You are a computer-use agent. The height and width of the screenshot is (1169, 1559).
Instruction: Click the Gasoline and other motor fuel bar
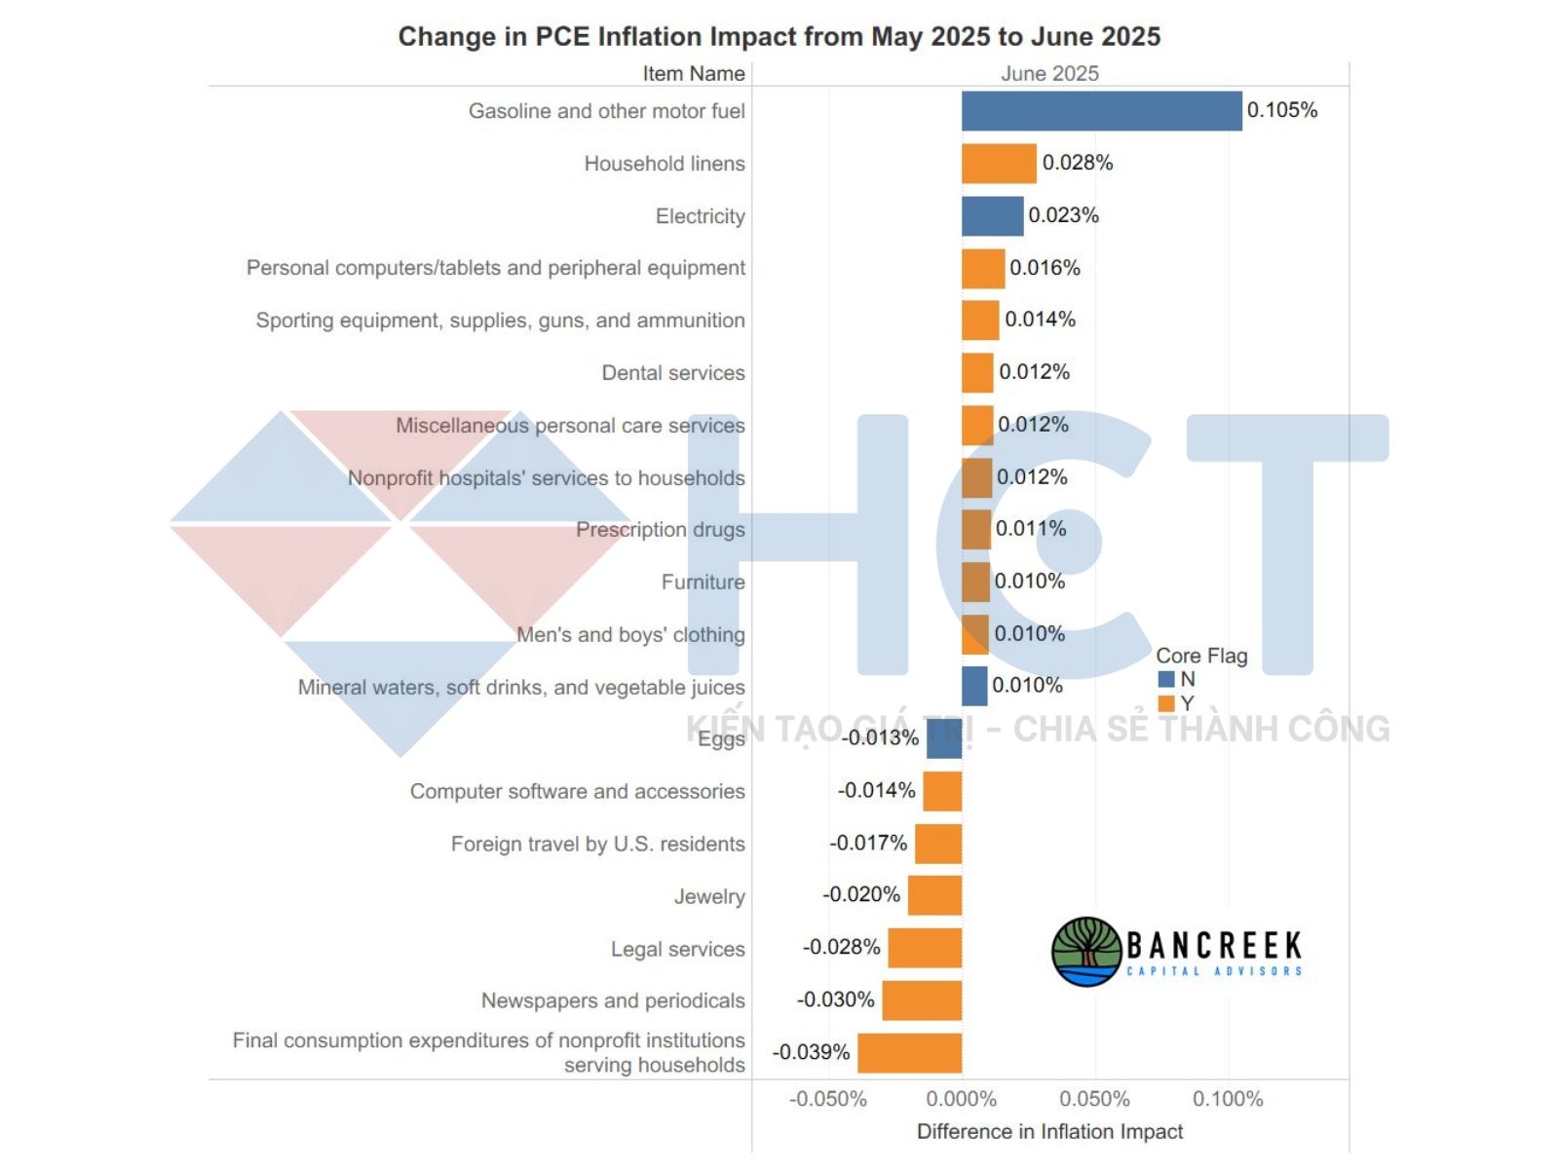coord(1101,111)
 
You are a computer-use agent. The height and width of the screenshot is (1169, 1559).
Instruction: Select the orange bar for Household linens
coord(999,164)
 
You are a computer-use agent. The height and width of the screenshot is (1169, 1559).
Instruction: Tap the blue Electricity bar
coord(992,216)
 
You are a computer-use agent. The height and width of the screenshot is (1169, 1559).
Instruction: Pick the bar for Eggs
coord(944,738)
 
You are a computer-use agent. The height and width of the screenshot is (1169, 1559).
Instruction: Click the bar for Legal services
coord(925,948)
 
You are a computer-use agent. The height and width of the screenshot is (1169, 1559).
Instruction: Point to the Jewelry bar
coord(934,895)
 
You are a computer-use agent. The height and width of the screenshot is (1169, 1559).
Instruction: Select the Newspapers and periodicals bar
coord(922,1000)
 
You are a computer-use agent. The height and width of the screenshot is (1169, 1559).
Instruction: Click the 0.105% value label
coord(1281,110)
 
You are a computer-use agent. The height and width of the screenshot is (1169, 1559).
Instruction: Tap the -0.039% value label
coord(811,1052)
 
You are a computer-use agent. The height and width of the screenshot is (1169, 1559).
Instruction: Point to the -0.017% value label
coord(868,843)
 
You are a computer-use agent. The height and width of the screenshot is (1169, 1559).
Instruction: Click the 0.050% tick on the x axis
coord(1094,1099)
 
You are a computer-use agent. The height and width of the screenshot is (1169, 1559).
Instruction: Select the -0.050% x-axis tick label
coord(827,1099)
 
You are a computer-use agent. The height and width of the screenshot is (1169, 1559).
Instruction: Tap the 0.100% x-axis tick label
coord(1228,1099)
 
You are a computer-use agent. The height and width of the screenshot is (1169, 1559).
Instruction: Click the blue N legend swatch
coord(1165,680)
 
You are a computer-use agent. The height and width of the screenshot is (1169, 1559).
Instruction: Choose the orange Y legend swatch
coord(1165,703)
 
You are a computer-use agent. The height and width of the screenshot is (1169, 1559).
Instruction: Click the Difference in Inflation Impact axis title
coord(1049,1131)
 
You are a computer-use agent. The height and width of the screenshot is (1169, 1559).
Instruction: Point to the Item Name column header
coord(693,74)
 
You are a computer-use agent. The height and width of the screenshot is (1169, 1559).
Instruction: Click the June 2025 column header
coord(1049,74)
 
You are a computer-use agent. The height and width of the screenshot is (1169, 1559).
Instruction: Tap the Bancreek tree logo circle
coord(1086,951)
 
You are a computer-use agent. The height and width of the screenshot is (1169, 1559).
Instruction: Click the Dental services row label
coord(672,373)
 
